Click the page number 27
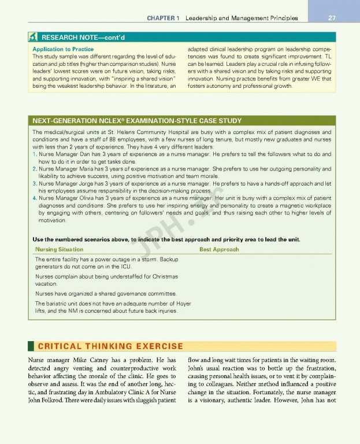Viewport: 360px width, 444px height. pyautogui.click(x=332, y=18)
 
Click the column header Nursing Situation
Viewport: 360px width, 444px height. pyautogui.click(x=58, y=249)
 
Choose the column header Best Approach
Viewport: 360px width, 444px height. pyautogui.click(x=218, y=249)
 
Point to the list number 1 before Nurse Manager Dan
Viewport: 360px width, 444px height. pyautogui.click(x=35, y=155)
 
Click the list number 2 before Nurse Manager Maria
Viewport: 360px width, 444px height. pyautogui.click(x=35, y=169)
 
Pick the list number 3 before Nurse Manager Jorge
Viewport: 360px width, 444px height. pyautogui.click(x=35, y=183)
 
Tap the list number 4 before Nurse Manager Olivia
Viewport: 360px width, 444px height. pyautogui.click(x=35, y=198)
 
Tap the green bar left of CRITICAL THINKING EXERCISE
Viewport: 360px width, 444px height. pyautogui.click(x=29, y=347)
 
